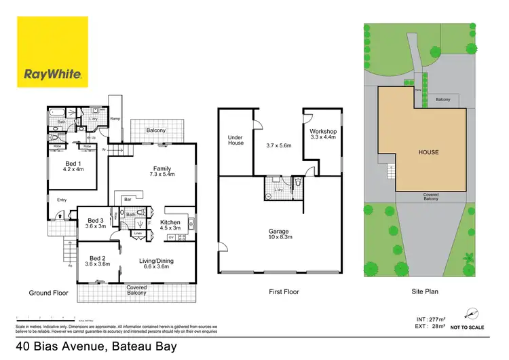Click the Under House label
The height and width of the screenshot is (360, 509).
[235, 141]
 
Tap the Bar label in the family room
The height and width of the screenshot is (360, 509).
[127, 199]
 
